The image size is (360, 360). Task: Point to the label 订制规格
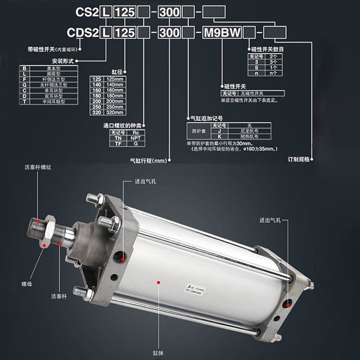point(298,159)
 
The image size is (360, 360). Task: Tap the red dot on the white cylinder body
point(159,282)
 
